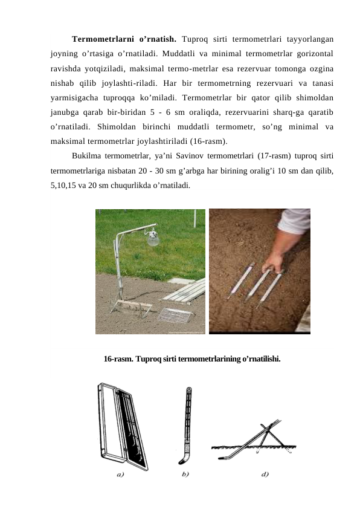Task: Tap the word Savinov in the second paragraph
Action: pos(190,156)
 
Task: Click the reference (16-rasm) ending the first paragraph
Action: pos(209,141)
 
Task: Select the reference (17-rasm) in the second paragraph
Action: pos(274,156)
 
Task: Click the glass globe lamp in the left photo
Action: pos(153,238)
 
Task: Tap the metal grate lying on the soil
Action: pos(176,315)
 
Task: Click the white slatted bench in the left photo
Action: pos(184,291)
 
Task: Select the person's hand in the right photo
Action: pos(274,263)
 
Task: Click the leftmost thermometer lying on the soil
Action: pos(240,280)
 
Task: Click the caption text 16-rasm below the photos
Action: pos(118,359)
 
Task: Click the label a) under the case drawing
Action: pos(120,475)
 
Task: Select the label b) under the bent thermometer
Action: pos(185,475)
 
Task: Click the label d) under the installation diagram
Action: pos(265,475)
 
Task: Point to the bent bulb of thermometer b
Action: pos(183,458)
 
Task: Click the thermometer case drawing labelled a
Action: pos(122,426)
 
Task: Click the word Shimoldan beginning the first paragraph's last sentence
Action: pos(117,126)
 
